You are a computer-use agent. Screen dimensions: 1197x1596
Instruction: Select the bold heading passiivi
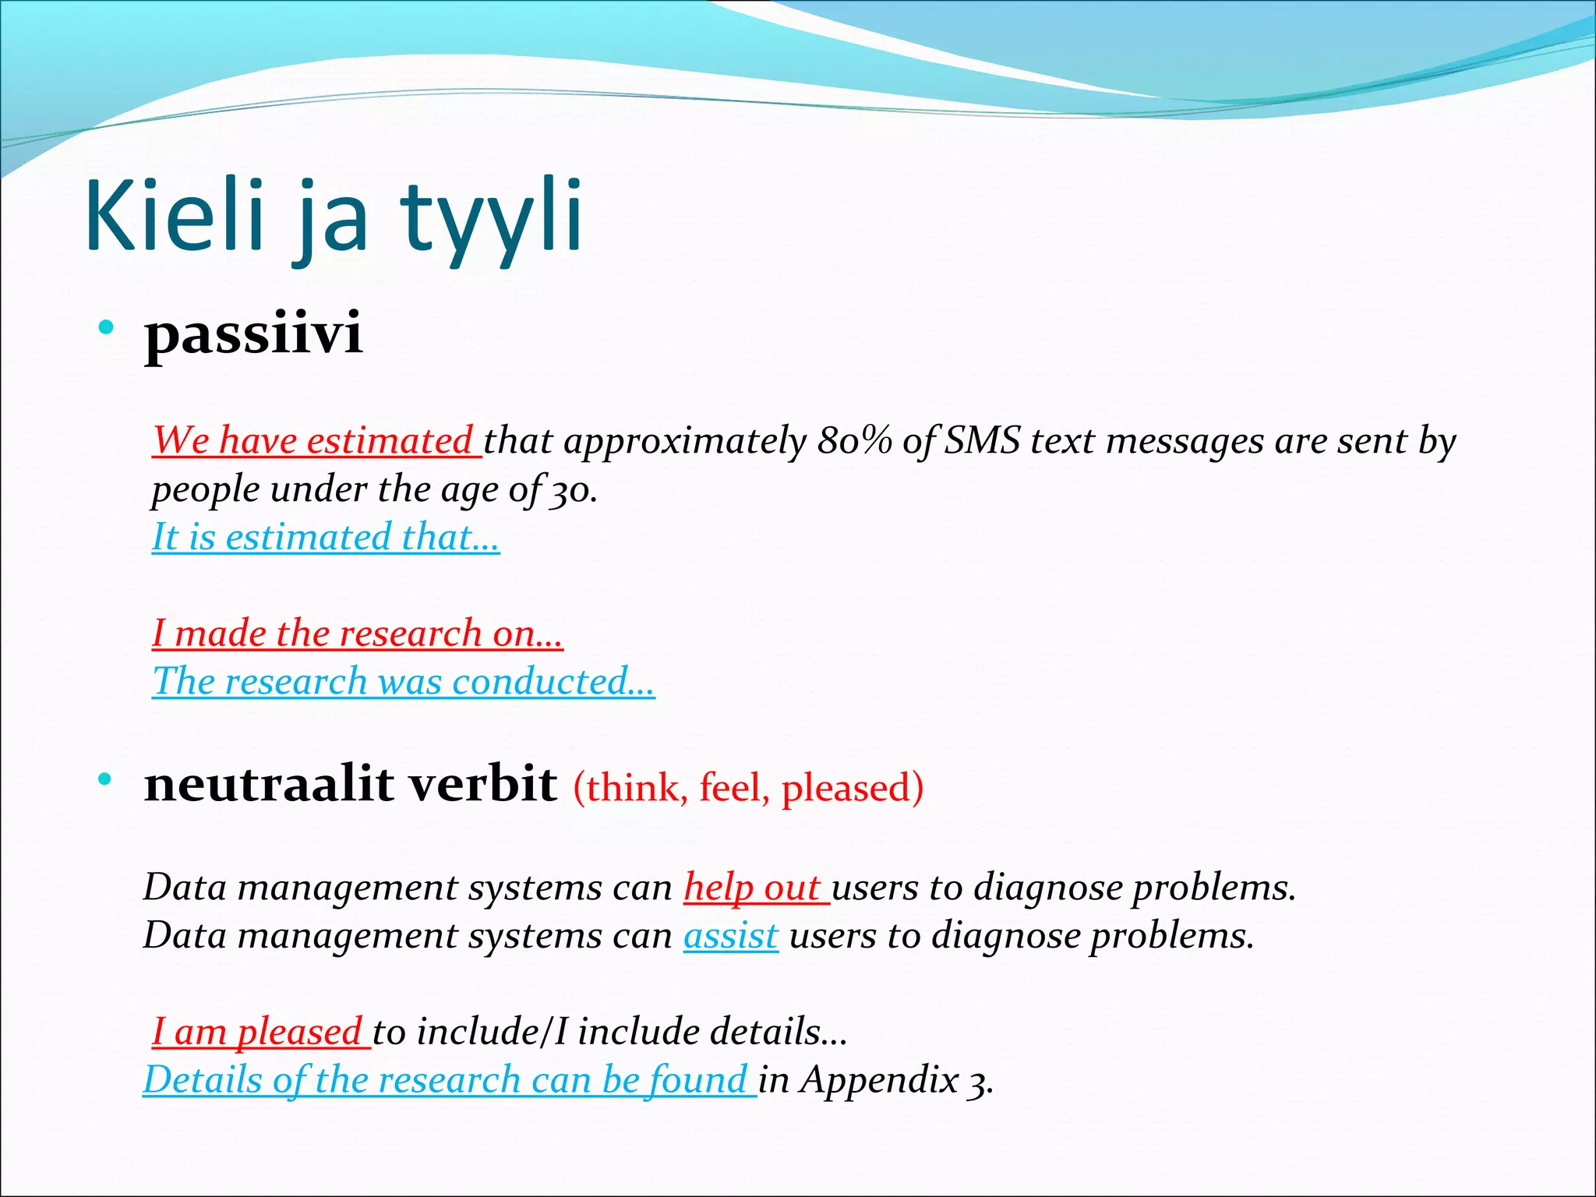click(x=253, y=334)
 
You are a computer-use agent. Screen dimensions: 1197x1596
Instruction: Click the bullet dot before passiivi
click(x=106, y=327)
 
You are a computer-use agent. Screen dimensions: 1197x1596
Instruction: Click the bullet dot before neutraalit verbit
click(x=106, y=779)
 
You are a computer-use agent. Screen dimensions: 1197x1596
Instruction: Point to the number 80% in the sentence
click(x=854, y=441)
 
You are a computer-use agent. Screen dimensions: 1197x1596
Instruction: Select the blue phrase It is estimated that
click(x=325, y=538)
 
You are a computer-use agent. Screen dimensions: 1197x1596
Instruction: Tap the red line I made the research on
click(x=357, y=634)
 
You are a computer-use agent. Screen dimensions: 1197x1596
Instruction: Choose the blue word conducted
click(x=552, y=682)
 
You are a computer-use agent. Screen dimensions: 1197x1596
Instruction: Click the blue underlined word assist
click(x=730, y=936)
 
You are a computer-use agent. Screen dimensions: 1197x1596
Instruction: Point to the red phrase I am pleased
click(x=258, y=1033)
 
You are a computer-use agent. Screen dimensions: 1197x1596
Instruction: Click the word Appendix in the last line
click(x=880, y=1080)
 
